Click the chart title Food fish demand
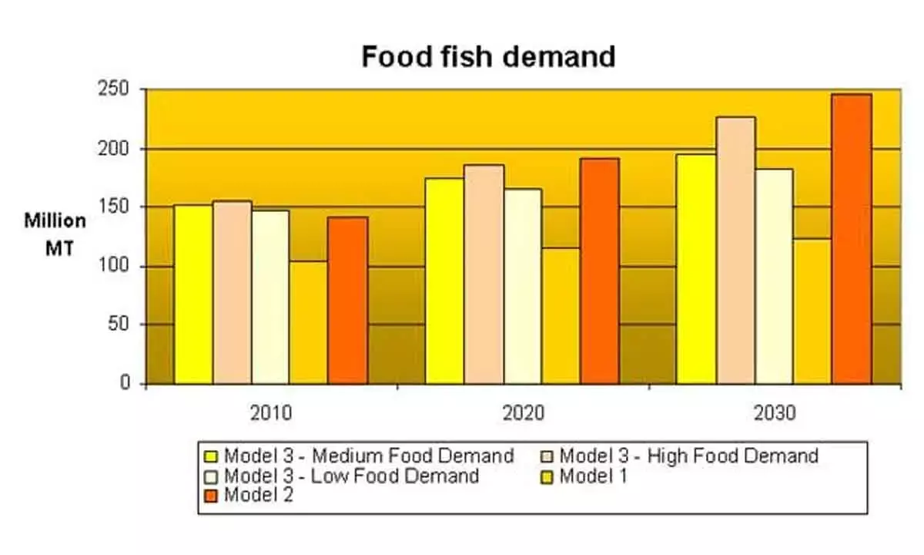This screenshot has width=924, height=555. (x=488, y=57)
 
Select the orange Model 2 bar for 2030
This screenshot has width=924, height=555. (x=851, y=239)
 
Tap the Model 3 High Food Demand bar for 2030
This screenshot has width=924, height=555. (x=735, y=251)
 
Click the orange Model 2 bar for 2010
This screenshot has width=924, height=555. (x=347, y=300)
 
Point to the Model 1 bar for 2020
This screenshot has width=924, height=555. (x=561, y=316)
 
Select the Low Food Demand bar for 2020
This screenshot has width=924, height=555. (x=523, y=286)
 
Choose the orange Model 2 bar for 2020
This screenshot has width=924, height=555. (x=599, y=271)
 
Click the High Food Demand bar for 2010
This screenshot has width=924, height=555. (x=232, y=292)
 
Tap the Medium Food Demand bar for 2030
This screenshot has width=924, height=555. (x=696, y=269)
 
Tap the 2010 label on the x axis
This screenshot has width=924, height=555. (x=271, y=412)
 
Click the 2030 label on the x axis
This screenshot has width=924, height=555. (x=775, y=412)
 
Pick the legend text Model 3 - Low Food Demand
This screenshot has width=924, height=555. (x=351, y=476)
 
